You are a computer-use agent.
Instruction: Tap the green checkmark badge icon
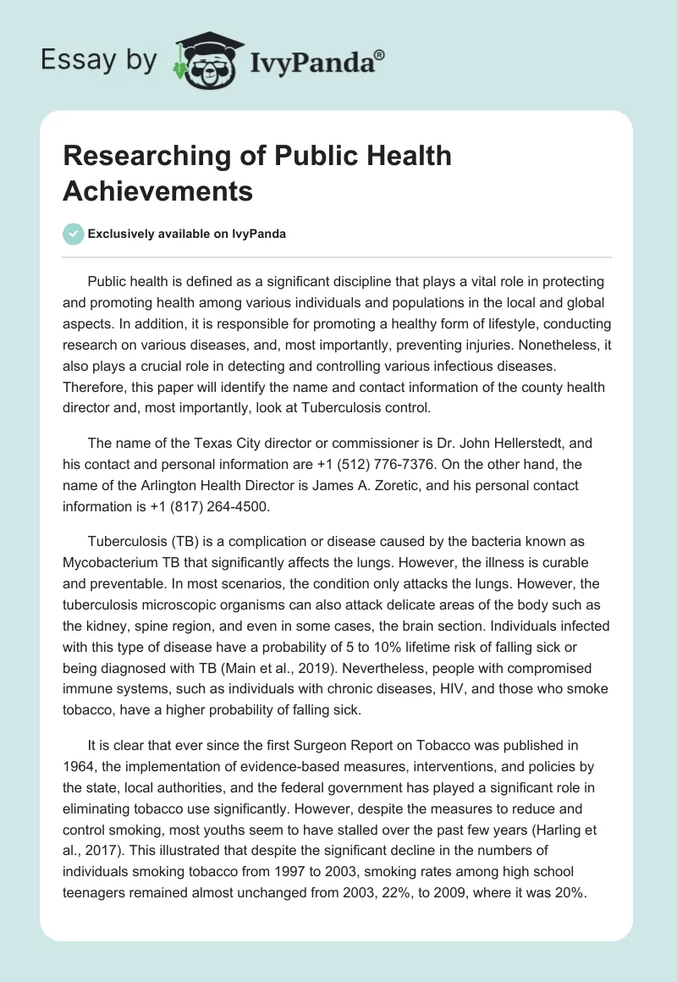(x=74, y=234)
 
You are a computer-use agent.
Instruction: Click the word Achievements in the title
(x=158, y=190)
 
